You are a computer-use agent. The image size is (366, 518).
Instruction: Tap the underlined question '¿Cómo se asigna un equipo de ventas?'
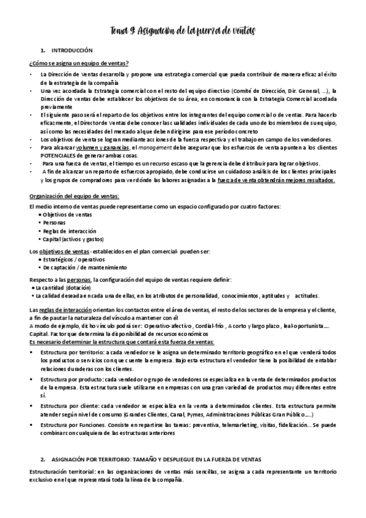(79, 64)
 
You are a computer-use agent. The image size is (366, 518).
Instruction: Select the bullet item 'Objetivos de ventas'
(65, 215)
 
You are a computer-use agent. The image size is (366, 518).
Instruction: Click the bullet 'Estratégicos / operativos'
(71, 259)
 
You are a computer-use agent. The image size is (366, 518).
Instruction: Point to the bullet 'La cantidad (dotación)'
(62, 287)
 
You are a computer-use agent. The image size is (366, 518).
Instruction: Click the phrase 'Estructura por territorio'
(71, 353)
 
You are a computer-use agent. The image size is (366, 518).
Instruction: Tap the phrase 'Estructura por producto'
(71, 379)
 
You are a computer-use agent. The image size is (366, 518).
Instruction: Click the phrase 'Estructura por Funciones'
(73, 425)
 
